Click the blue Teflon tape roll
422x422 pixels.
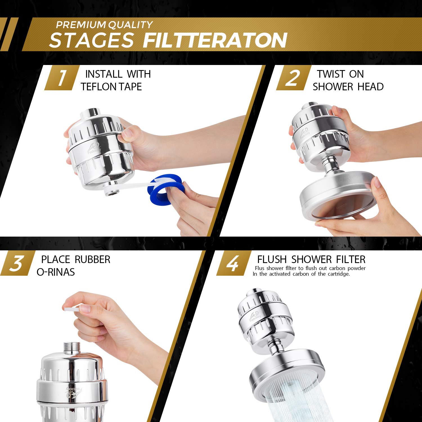(166, 188)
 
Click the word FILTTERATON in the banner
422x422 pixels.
(215, 40)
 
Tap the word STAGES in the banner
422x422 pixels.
(91, 40)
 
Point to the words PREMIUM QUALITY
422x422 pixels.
(104, 25)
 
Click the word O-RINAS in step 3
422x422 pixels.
(56, 272)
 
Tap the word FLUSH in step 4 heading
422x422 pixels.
(272, 259)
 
